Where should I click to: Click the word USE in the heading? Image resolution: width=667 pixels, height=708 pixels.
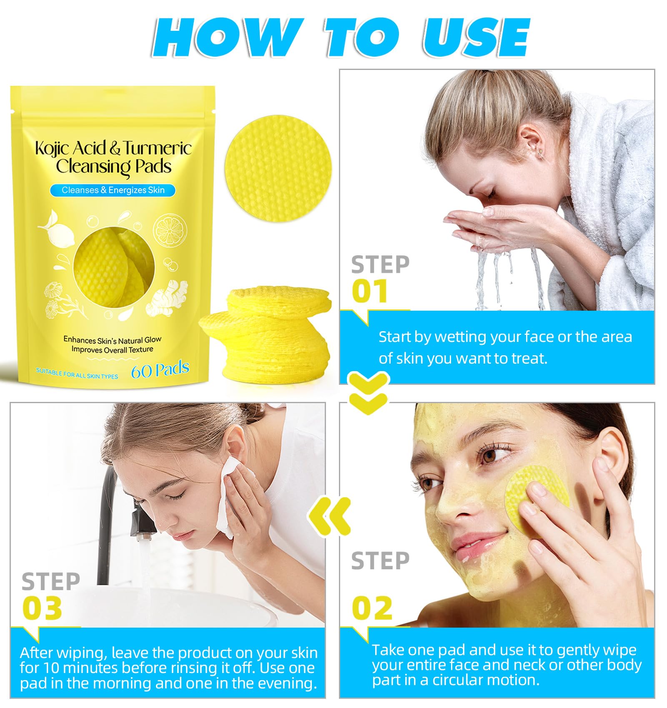pos(476,37)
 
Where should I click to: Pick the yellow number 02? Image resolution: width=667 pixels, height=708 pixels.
pos(372,608)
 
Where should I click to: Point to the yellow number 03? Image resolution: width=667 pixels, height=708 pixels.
pos(42,608)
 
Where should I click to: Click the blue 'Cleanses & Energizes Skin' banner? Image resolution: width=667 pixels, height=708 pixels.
pos(113,190)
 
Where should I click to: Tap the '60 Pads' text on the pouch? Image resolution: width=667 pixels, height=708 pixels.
pos(160,370)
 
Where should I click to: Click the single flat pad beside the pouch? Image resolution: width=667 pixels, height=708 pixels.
pos(278,168)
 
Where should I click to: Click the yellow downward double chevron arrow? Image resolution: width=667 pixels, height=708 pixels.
pos(369,393)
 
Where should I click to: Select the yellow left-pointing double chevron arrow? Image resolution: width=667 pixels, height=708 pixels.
pos(329,516)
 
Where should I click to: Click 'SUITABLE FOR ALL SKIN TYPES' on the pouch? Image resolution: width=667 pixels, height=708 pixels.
pos(77,374)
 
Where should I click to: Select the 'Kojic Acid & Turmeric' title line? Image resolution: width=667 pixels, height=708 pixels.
pos(113,148)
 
